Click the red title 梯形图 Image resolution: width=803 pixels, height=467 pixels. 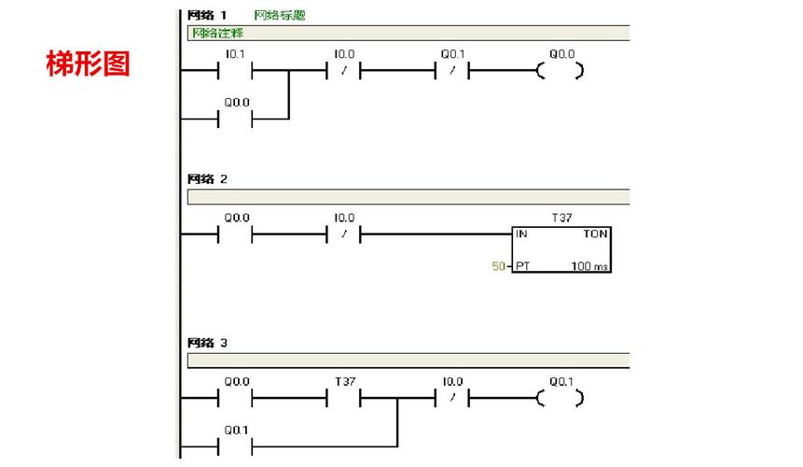(88, 64)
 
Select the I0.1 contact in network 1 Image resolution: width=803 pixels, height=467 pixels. (235, 71)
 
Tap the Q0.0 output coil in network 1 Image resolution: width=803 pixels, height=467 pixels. (560, 71)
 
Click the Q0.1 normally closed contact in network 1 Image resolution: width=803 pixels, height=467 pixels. (452, 71)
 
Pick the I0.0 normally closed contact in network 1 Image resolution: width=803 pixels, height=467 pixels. (343, 71)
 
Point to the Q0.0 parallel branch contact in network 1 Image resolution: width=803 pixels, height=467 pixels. (235, 120)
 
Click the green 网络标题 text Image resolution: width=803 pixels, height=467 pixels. (280, 15)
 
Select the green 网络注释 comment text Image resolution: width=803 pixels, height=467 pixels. (217, 34)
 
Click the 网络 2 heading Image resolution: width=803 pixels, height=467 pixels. (207, 179)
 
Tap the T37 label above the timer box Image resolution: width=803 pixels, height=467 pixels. (561, 218)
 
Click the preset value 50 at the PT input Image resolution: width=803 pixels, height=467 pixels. (498, 266)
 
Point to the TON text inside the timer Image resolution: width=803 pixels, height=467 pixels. (595, 233)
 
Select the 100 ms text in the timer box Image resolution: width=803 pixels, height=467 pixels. (589, 266)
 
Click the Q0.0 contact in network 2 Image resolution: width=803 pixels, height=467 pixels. (235, 234)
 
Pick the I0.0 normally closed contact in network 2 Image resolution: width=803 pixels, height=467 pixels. (343, 234)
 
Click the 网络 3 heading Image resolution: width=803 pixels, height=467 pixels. (207, 343)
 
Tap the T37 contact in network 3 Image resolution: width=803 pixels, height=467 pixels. (343, 398)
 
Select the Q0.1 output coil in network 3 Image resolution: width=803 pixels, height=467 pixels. (560, 398)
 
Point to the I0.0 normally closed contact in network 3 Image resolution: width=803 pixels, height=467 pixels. (452, 398)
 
